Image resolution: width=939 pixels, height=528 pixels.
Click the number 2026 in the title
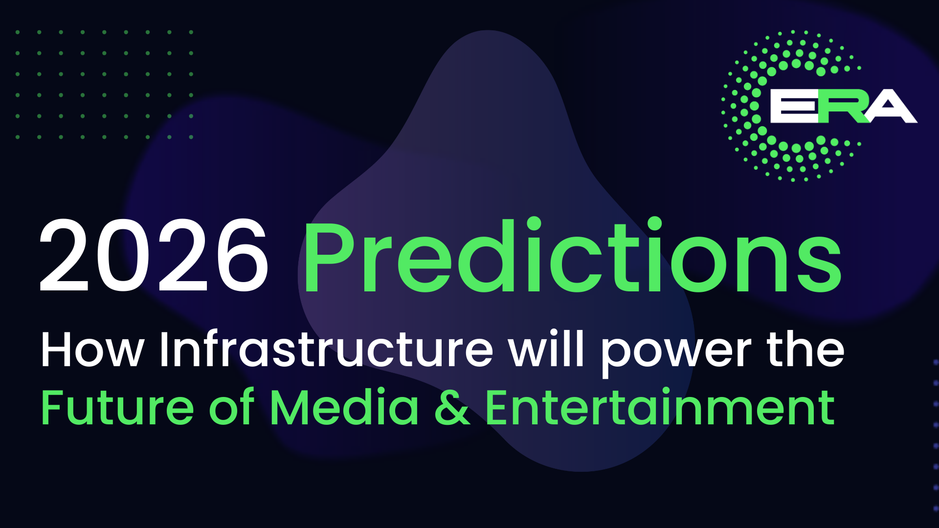pos(154,256)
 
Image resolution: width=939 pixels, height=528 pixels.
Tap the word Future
pos(118,407)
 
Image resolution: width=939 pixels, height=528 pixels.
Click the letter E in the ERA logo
pos(794,106)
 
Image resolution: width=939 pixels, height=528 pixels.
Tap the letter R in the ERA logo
pos(842,106)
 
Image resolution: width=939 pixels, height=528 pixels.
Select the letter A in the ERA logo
pos(891,106)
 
